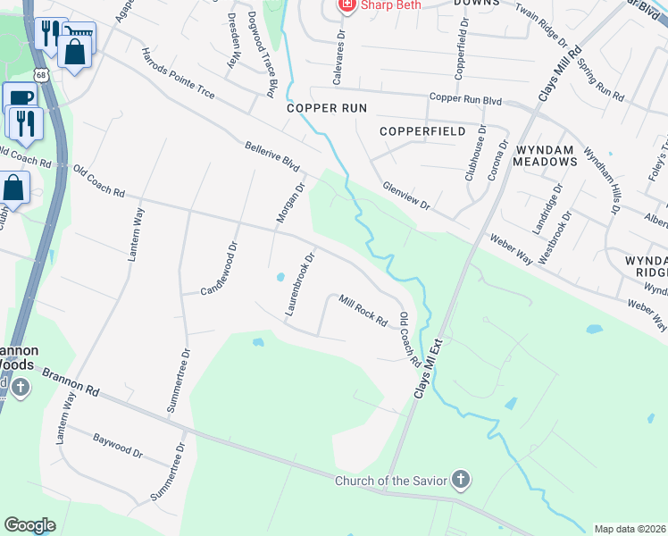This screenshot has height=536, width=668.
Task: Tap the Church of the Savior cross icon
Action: pyautogui.click(x=461, y=482)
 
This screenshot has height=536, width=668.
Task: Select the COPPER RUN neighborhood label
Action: pyautogui.click(x=327, y=108)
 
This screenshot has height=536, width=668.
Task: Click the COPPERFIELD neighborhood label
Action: pyautogui.click(x=422, y=131)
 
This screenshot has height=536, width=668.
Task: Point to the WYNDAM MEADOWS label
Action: pyautogui.click(x=545, y=154)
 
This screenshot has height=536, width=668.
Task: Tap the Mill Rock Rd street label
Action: pyautogui.click(x=363, y=309)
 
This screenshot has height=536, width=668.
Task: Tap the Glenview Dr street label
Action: pyautogui.click(x=406, y=196)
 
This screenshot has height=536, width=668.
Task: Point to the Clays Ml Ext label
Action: pyautogui.click(x=429, y=367)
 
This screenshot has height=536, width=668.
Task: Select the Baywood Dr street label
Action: pyautogui.click(x=118, y=446)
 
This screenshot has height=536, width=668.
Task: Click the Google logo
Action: pyautogui.click(x=29, y=525)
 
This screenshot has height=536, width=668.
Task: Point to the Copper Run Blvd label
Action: pyautogui.click(x=464, y=99)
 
